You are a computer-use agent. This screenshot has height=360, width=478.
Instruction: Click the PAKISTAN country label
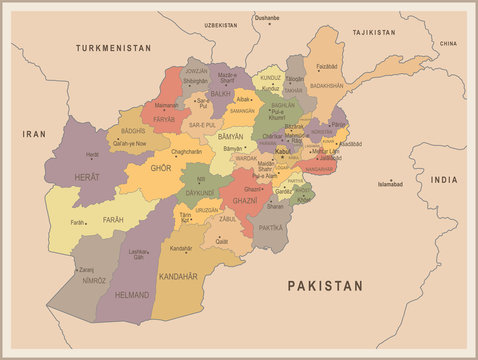[324, 286]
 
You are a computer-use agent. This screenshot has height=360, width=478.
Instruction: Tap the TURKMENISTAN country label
[114, 47]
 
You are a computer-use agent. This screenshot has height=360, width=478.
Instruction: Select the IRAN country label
[35, 133]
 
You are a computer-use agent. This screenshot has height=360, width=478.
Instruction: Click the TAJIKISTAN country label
[374, 33]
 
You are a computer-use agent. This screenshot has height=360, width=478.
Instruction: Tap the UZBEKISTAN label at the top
[221, 25]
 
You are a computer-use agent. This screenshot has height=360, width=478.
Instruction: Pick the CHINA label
[448, 44]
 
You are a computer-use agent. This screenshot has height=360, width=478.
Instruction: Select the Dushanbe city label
[266, 18]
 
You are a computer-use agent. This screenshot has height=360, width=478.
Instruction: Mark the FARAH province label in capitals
[112, 219]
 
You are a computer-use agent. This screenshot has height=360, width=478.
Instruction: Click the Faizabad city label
[326, 66]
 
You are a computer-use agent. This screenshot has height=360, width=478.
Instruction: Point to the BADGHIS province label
[133, 131]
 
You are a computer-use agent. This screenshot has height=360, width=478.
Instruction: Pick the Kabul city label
[283, 151]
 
